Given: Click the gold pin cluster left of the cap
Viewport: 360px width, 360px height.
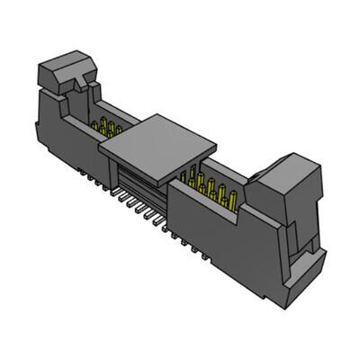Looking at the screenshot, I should click(x=110, y=125).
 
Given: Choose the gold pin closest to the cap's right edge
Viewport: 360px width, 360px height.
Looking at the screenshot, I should click(x=188, y=171).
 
